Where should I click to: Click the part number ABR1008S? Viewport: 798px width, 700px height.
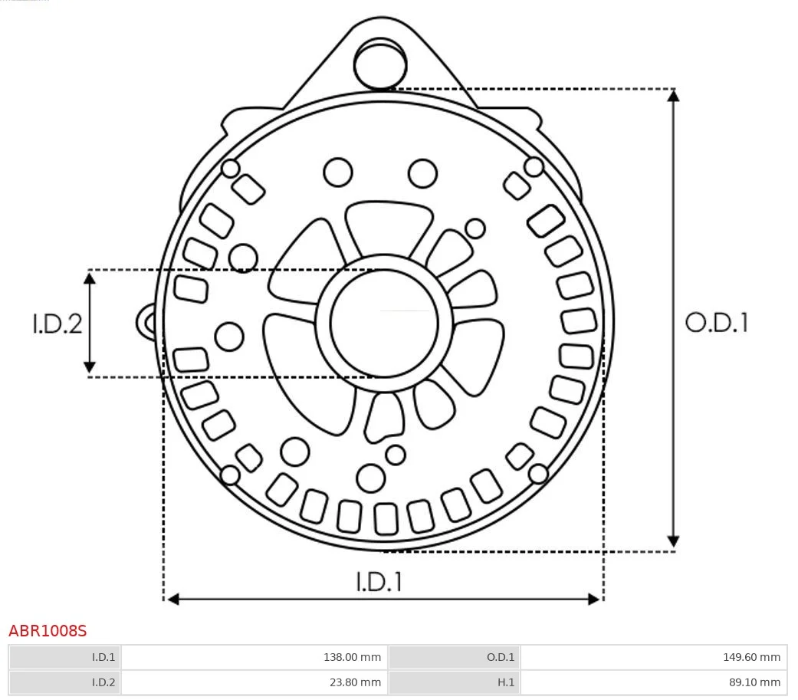(x=48, y=631)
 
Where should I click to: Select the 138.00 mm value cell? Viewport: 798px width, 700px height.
(x=254, y=657)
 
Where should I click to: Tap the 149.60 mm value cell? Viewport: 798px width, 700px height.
(x=653, y=657)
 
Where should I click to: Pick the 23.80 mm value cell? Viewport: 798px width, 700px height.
(x=254, y=682)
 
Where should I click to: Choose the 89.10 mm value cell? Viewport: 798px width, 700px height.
(x=653, y=682)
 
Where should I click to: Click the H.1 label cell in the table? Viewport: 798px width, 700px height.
(x=454, y=682)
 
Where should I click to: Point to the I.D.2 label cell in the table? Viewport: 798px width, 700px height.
(x=65, y=682)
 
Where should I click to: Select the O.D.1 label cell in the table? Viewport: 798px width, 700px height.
(x=454, y=657)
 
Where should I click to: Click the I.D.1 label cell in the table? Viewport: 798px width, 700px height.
(x=65, y=657)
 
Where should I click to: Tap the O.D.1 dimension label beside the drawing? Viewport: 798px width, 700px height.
(x=716, y=323)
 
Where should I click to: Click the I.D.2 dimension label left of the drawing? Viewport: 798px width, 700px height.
(x=57, y=324)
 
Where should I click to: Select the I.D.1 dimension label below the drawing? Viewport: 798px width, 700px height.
(x=379, y=582)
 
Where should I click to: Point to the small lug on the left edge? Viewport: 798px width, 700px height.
(x=146, y=322)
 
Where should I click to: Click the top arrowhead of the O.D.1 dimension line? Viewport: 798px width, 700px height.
(x=673, y=95)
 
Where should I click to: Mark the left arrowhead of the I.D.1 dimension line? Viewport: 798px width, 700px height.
(x=173, y=599)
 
